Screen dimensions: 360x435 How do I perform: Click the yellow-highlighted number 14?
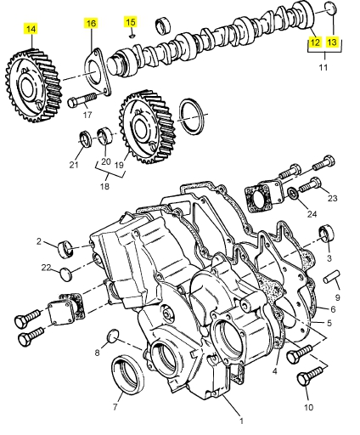[x=31, y=29]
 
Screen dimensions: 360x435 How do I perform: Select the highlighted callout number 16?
[x=91, y=23]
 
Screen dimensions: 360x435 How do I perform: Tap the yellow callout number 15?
[x=131, y=22]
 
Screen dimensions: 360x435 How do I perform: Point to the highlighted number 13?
[x=332, y=42]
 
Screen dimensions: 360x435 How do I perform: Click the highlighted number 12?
[x=315, y=42]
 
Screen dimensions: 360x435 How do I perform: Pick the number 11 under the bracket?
[x=323, y=67]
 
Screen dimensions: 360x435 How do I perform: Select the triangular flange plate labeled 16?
[x=98, y=72]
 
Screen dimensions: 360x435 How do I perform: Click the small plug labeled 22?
[x=65, y=274]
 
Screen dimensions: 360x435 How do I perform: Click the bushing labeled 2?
[x=65, y=249]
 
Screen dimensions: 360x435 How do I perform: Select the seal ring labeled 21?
[x=85, y=139]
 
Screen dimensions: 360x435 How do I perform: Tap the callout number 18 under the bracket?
[x=104, y=186]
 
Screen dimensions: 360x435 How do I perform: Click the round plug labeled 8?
[x=113, y=336]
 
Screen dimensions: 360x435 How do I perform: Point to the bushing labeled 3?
[x=326, y=234]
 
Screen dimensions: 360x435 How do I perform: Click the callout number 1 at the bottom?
[x=241, y=421]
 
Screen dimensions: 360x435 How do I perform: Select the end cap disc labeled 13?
[x=330, y=9]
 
